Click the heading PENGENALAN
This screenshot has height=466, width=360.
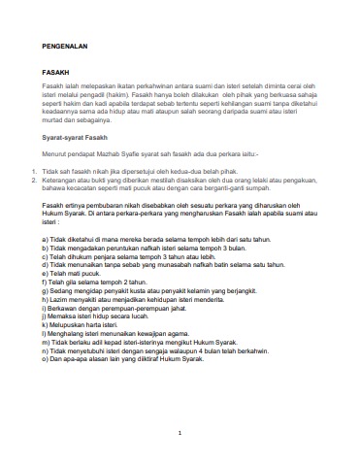point(64,46)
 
